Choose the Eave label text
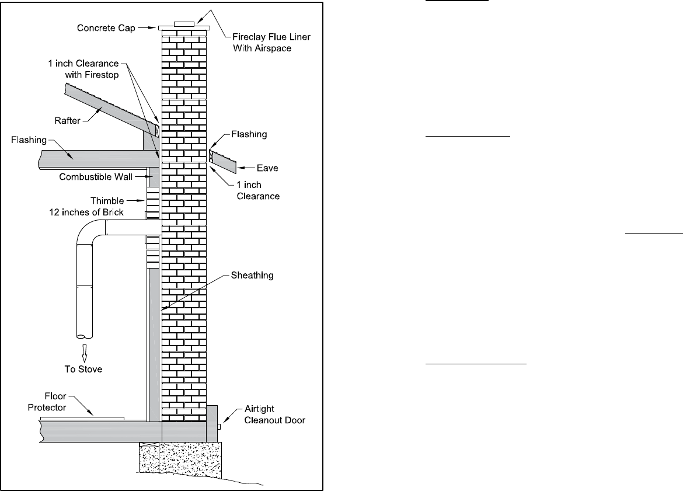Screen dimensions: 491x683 [267, 168]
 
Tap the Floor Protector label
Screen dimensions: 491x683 [48, 402]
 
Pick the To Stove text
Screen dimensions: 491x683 [82, 369]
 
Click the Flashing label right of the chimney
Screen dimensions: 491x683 [249, 134]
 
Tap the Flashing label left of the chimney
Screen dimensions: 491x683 [29, 140]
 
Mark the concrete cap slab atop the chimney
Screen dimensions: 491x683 [184, 27]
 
